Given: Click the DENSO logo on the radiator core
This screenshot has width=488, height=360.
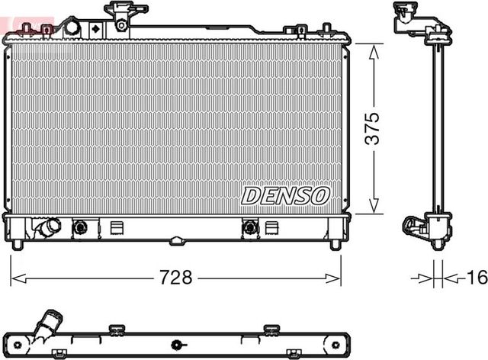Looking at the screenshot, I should coord(285,196).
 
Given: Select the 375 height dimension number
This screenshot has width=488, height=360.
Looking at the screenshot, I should coord(371,129).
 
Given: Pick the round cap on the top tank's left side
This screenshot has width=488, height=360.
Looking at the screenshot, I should coord(72,27).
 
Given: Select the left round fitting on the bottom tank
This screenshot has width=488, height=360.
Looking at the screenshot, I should coord(79,227).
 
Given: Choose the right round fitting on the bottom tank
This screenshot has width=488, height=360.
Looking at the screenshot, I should coord(249,227).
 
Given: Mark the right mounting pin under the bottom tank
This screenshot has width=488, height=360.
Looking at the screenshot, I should coord(335,244).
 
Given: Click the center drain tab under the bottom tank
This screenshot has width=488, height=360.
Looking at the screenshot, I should coord(177,242).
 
